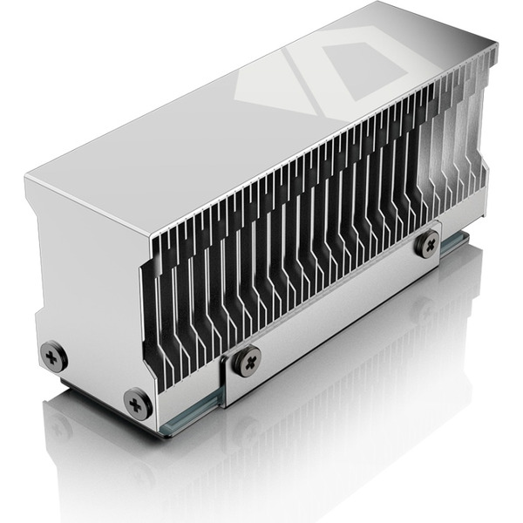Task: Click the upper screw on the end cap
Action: (x=54, y=355)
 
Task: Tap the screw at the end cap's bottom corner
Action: (x=137, y=403)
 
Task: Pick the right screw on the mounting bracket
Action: (x=426, y=242)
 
